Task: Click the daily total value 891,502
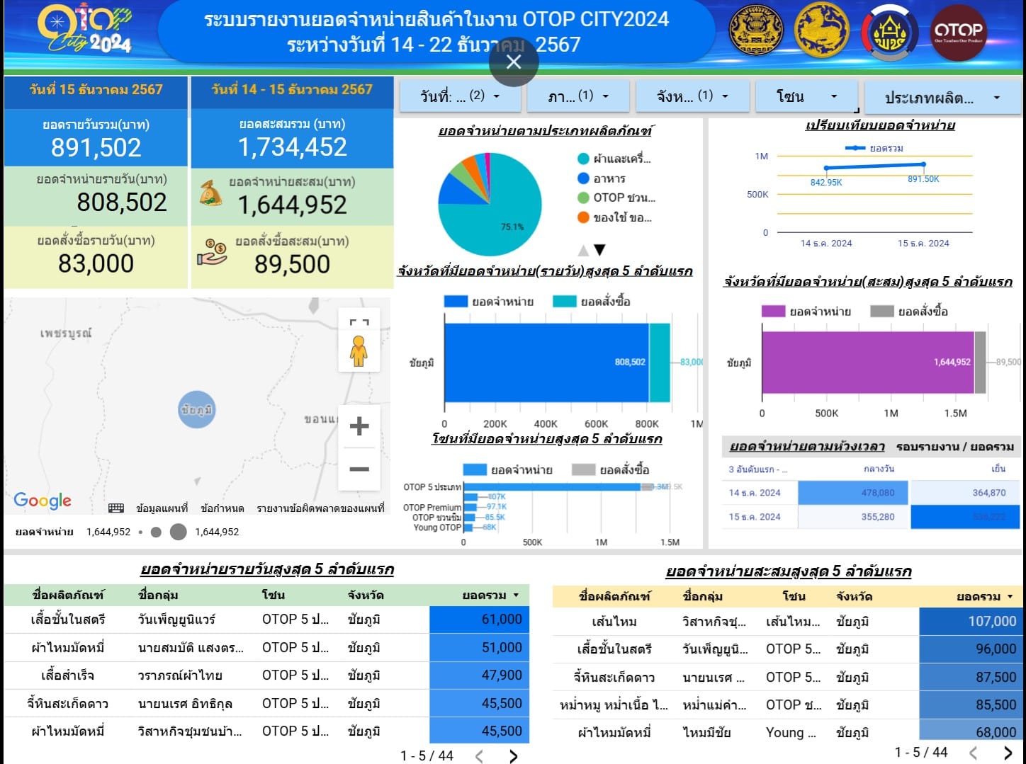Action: click(x=96, y=147)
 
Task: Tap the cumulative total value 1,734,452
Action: click(x=293, y=147)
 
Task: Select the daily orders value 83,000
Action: click(x=96, y=263)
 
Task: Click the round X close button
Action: click(x=514, y=62)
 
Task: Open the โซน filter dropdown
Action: click(x=806, y=96)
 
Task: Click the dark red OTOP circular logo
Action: click(x=958, y=32)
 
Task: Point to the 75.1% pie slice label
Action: click(x=512, y=227)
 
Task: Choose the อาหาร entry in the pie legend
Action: click(x=609, y=178)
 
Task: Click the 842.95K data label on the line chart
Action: click(x=826, y=182)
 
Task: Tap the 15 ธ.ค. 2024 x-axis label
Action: click(x=923, y=243)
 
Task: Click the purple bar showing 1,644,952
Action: click(x=867, y=362)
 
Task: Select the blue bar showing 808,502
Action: click(x=546, y=362)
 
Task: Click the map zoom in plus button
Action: click(x=359, y=426)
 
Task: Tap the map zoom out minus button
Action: click(x=359, y=469)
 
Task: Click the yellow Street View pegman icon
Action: click(x=359, y=350)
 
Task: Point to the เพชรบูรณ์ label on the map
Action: click(x=66, y=333)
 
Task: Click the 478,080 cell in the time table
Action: click(x=854, y=493)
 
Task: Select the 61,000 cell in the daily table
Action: click(x=479, y=620)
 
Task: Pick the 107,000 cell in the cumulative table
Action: click(x=969, y=622)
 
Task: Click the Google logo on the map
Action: click(x=43, y=501)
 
